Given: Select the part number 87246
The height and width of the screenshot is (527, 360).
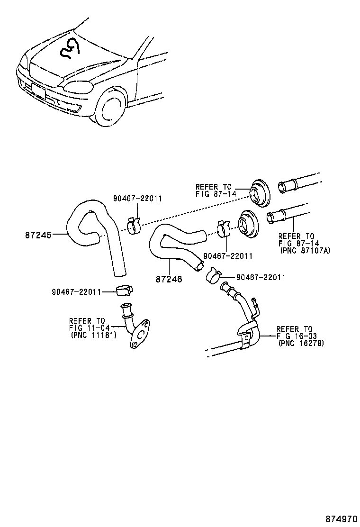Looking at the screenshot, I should (x=168, y=279).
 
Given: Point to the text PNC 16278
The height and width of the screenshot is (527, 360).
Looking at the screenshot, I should (x=301, y=344).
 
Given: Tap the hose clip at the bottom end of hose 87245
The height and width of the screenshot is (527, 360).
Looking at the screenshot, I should (x=124, y=290).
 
